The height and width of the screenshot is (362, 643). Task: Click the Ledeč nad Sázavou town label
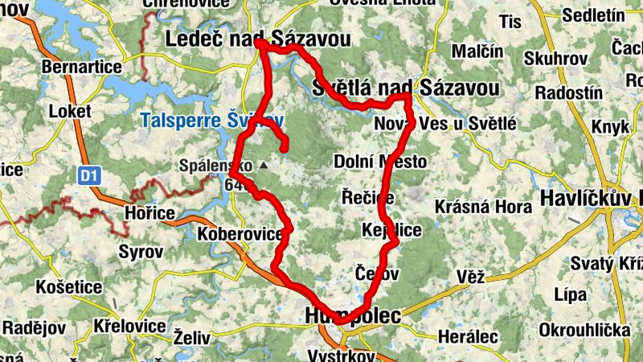(258, 38)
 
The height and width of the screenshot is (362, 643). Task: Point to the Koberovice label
(240, 234)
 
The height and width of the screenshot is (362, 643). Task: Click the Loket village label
(72, 110)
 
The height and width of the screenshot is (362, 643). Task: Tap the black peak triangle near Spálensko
(262, 165)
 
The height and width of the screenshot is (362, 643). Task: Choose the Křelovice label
(129, 327)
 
